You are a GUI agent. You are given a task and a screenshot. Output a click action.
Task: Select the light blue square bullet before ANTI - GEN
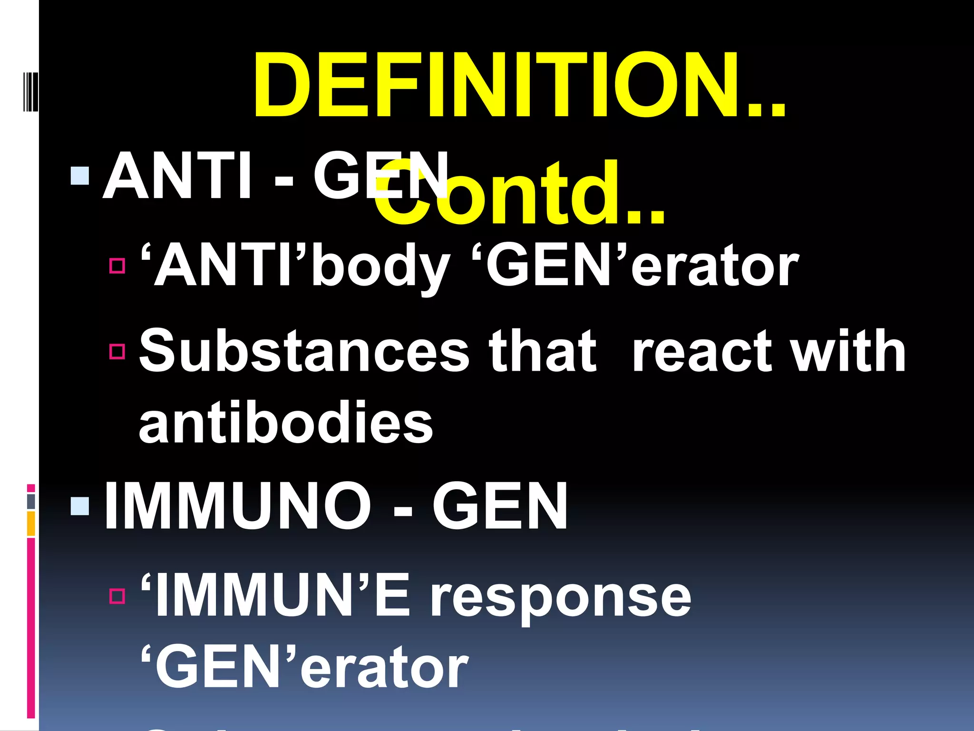[x=79, y=176]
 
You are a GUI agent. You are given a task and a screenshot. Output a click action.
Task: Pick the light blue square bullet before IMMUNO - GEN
[x=79, y=506]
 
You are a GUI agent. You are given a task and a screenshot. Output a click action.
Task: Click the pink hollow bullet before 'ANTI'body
[x=117, y=266]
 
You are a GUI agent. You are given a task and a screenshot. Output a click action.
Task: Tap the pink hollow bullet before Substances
[x=117, y=351]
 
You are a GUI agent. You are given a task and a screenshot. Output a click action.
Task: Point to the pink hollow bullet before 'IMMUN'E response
[x=117, y=596]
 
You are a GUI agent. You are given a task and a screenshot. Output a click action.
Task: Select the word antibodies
[x=286, y=423]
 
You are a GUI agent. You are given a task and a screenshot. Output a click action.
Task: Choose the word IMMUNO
[x=238, y=506]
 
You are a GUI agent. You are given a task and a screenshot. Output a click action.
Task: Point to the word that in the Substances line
[x=542, y=351]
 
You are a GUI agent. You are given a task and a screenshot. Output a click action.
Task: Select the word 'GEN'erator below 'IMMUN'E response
[x=304, y=667]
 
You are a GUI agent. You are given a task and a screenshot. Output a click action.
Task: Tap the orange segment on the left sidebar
[x=31, y=524]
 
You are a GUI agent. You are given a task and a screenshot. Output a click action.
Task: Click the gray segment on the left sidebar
[x=31, y=501]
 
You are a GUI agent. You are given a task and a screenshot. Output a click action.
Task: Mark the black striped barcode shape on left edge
[x=30, y=91]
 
